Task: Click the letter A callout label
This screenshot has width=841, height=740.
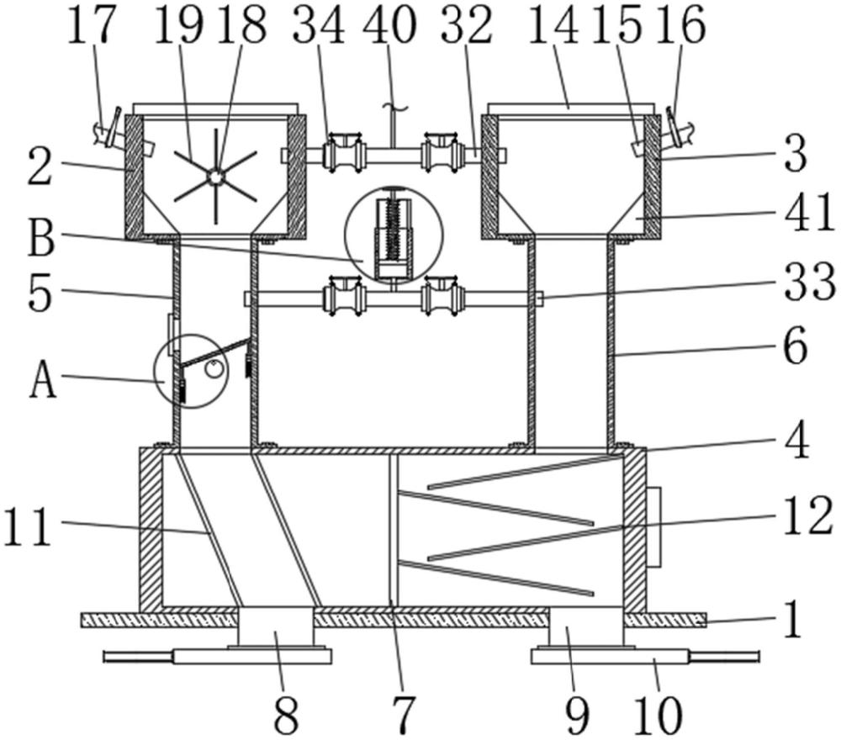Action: point(43,378)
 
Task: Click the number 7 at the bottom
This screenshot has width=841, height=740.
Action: point(404,715)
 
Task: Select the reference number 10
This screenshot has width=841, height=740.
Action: point(658,715)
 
